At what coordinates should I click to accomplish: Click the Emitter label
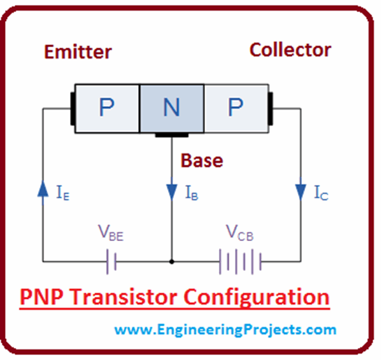click(x=78, y=52)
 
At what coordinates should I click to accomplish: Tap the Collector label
click(x=290, y=50)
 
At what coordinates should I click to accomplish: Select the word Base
click(x=202, y=160)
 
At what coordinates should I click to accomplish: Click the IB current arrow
click(x=171, y=191)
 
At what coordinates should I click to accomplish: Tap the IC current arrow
click(x=301, y=191)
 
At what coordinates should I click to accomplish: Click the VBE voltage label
click(x=111, y=234)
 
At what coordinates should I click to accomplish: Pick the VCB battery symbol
click(x=240, y=261)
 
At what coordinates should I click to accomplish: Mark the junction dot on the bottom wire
click(x=171, y=261)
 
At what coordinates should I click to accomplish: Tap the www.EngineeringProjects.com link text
click(x=225, y=329)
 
